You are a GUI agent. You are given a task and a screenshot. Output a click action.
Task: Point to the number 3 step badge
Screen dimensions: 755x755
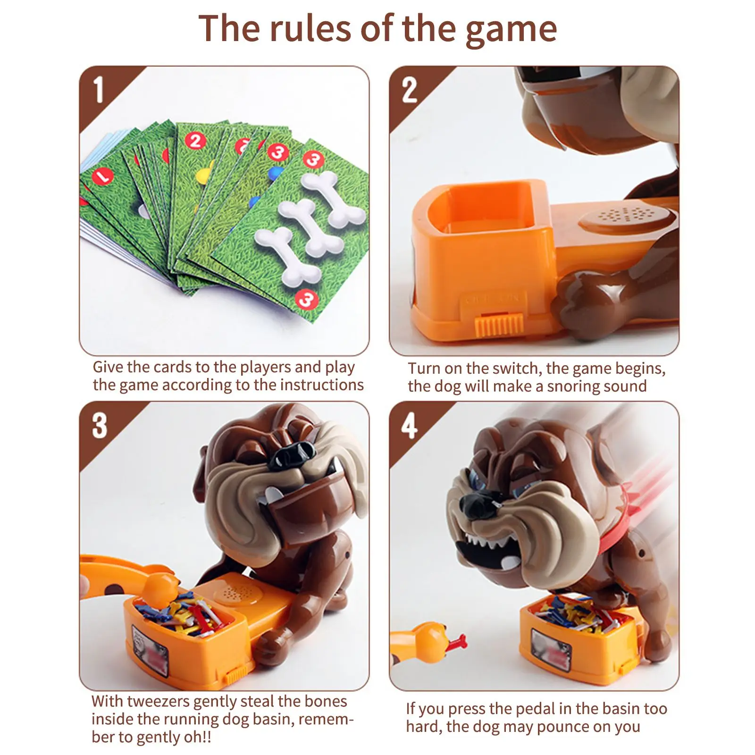pyautogui.click(x=99, y=426)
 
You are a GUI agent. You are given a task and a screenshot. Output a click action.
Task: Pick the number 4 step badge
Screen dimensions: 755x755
pyautogui.click(x=409, y=426)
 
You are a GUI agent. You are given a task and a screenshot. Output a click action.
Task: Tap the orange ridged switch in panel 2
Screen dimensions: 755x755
pyautogui.click(x=498, y=325)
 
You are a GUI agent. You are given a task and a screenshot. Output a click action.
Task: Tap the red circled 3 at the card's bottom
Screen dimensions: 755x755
pyautogui.click(x=306, y=300)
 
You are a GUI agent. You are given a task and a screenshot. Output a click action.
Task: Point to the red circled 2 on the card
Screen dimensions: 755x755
pyautogui.click(x=195, y=141)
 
